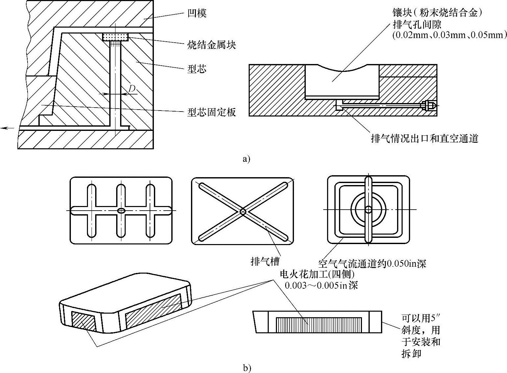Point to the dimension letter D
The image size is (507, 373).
point(132,88)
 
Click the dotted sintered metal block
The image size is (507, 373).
point(115,37)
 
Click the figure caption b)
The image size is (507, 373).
point(247,368)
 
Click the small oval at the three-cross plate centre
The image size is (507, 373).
point(121,210)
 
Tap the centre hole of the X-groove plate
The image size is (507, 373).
point(243,212)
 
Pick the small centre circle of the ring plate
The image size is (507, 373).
point(368,209)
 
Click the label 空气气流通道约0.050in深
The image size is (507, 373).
point(372,263)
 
